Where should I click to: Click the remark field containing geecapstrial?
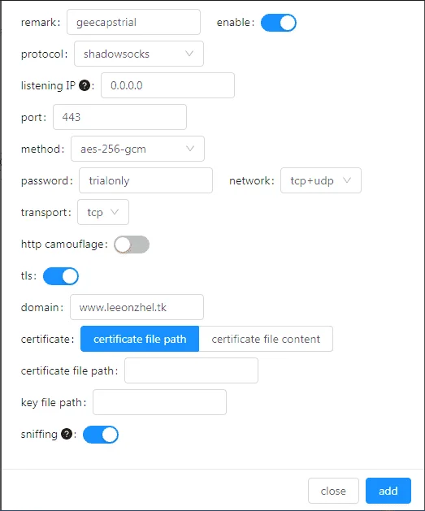point(133,22)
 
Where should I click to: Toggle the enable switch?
point(279,23)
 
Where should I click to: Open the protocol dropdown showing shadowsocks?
point(139,54)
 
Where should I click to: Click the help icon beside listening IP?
point(85,86)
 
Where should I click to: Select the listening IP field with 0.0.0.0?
point(168,85)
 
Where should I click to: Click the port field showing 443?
point(120,117)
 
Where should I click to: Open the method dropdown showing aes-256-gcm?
point(137,149)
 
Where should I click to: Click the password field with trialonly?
point(145,180)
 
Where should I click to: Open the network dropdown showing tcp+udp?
point(321,180)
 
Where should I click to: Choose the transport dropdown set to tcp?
point(103,212)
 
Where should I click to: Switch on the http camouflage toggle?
point(132,245)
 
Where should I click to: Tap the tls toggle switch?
point(61,276)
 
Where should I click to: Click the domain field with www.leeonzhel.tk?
point(137,307)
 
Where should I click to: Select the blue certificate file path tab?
point(140,339)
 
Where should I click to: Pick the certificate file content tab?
point(266,339)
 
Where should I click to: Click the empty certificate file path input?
point(191,370)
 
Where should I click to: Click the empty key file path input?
point(160,402)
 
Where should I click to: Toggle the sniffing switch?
point(101,435)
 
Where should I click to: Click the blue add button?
point(388,491)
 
